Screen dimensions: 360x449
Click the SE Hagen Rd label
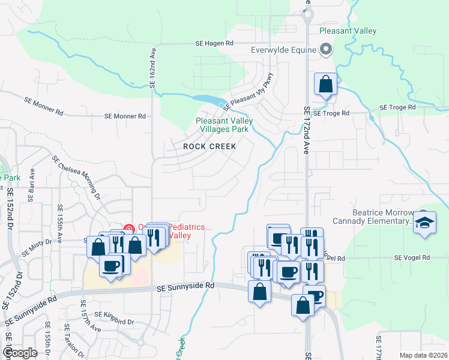click(214, 43)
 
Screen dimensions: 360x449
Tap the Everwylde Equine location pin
click(326, 50)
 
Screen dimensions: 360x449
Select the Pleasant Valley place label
click(348, 31)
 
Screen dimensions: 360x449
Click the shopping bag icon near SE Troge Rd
click(325, 84)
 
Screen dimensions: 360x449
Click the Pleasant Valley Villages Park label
click(224, 125)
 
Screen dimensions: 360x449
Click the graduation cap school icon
click(424, 223)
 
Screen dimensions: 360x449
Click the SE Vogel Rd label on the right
click(412, 257)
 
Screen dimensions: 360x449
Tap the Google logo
click(20, 353)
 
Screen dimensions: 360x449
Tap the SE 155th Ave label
click(60, 219)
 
